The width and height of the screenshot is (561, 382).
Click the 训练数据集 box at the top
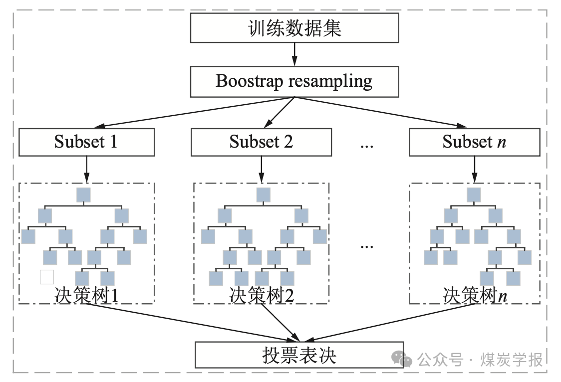pos(294,28)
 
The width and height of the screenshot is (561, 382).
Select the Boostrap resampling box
pos(294,81)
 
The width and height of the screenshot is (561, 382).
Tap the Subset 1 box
pos(86,142)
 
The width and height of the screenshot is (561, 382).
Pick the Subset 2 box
pos(261,142)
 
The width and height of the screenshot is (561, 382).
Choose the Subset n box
pos(474,142)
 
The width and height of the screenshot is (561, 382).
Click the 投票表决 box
pos(299,356)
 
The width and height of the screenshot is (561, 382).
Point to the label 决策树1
pos(86,295)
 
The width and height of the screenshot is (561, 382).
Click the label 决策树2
pos(262,295)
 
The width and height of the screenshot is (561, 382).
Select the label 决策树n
pos(475,295)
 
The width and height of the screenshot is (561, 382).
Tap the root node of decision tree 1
pos(83,195)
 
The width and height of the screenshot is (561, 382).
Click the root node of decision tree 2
pos(263,195)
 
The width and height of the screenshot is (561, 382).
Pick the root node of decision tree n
pos(474,195)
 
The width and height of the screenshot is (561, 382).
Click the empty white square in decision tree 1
pos(46,277)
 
